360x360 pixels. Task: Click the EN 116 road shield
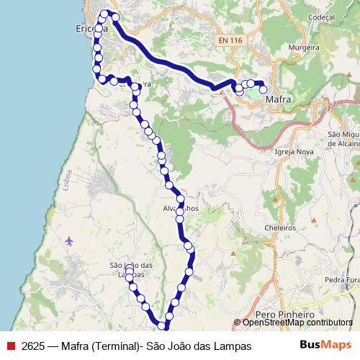tap(230, 41)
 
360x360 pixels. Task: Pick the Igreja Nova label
tap(294, 153)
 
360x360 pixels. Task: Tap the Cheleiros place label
tap(280, 227)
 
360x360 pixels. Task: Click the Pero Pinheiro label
tap(286, 315)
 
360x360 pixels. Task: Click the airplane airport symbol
tap(69, 240)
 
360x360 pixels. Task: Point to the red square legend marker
tap(10, 346)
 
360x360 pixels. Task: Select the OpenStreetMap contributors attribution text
tap(297, 323)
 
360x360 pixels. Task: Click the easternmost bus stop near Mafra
tap(264, 90)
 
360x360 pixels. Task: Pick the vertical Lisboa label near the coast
tap(68, 176)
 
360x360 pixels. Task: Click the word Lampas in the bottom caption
tap(233, 346)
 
